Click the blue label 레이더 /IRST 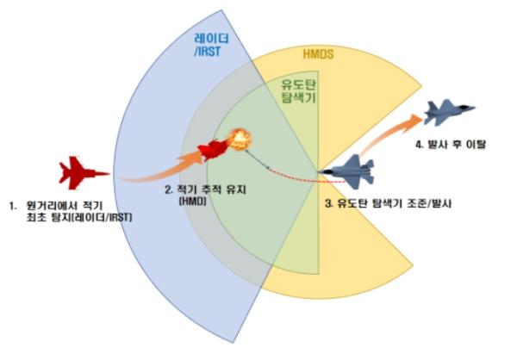[211, 45]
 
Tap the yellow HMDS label [318, 54]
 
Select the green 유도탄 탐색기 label [298, 91]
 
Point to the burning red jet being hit [214, 150]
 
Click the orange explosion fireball [240, 140]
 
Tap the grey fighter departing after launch [449, 112]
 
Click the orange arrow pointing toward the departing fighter [390, 133]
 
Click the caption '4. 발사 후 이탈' [451, 145]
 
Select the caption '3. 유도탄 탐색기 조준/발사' [388, 203]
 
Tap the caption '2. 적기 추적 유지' [205, 189]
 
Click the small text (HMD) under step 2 [192, 201]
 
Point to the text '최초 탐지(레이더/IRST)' [78, 218]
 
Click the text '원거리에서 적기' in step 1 [65, 206]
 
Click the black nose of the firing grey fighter [322, 171]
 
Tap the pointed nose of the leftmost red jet [109, 173]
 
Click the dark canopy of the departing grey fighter [464, 107]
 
